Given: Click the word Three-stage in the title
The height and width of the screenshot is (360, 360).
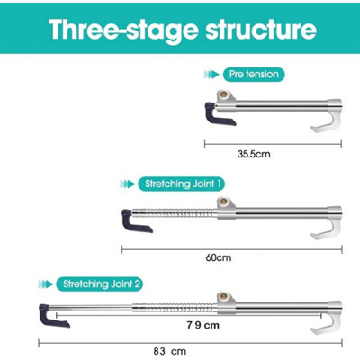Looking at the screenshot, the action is coord(124,30).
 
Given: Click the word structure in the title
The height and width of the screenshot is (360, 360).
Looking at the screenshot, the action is coord(261,29).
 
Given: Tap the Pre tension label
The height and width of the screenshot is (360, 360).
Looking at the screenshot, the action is coord(254,75).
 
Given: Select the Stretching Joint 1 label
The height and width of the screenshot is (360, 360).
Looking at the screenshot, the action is coord(181,184).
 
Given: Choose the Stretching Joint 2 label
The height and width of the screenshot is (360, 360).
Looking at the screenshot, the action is coord(100,283).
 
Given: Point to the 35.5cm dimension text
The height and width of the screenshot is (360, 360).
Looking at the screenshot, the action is coord(254,154).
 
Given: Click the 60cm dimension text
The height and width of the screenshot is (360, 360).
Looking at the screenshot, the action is coord(219,257).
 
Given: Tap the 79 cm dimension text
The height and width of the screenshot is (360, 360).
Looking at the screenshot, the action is coord(203,325).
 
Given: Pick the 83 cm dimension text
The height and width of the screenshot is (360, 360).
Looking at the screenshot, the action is coord(170,351).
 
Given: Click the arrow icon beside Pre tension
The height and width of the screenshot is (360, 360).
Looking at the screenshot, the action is coord(211,75).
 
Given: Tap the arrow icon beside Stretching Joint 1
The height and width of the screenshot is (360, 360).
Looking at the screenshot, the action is coord(127,184).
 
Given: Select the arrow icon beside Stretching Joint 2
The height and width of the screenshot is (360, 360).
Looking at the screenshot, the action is coord(46,283).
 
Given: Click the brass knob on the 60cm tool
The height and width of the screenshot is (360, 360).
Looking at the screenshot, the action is coord(223,202).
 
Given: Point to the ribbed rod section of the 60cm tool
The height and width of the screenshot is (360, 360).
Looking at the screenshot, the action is coord(174,214).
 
